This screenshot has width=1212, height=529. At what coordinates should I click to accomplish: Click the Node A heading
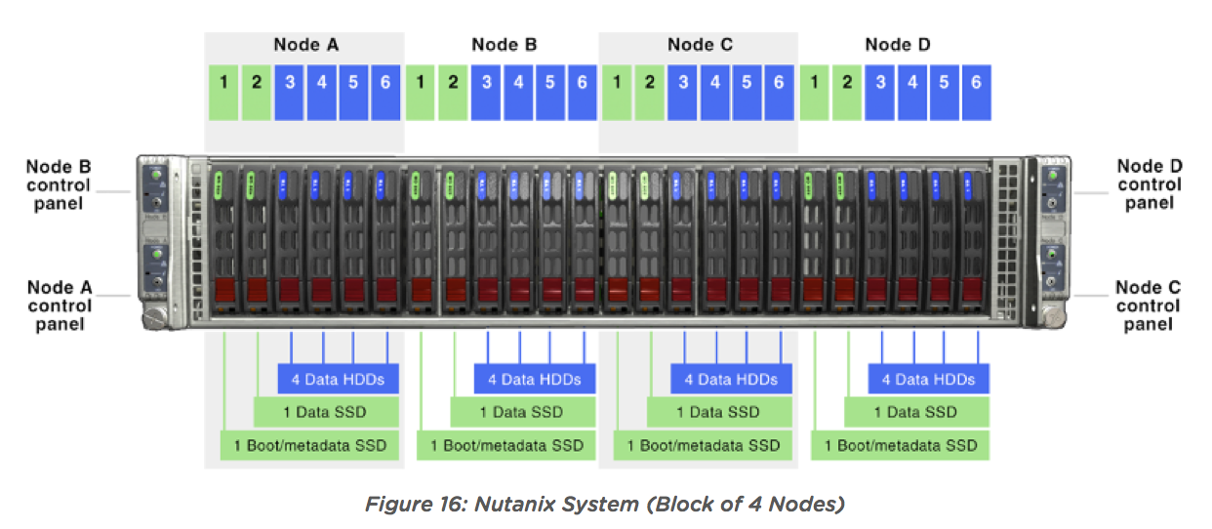click(x=306, y=44)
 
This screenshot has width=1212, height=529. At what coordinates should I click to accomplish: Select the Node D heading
click(x=898, y=44)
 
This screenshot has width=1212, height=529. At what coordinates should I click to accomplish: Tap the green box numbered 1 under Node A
click(x=223, y=93)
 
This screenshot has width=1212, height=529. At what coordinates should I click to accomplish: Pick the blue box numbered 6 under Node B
click(x=583, y=93)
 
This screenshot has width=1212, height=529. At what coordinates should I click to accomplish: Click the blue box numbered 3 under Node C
click(x=682, y=93)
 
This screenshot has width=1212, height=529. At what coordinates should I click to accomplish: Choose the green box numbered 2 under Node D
click(x=847, y=93)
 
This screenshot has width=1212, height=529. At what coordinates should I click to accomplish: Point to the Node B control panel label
click(x=59, y=185)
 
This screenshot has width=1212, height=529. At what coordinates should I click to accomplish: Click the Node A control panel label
click(x=60, y=305)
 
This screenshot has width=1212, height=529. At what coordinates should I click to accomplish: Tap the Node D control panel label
click(x=1150, y=184)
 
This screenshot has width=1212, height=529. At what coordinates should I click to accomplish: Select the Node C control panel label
click(x=1149, y=305)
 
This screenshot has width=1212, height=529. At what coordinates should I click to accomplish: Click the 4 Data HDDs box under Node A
click(x=339, y=379)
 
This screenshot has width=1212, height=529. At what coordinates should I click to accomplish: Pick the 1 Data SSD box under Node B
click(x=523, y=412)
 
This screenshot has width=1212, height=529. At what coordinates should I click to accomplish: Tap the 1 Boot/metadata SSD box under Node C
click(x=703, y=445)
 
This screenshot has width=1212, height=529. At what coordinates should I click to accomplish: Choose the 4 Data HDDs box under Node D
click(x=928, y=379)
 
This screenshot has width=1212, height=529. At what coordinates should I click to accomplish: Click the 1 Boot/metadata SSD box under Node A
click(x=309, y=445)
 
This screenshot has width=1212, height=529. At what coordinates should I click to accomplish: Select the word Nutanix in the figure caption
click(x=515, y=505)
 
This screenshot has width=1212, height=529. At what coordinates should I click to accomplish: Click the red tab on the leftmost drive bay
click(x=225, y=290)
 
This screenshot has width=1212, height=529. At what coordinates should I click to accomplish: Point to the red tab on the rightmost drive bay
click(x=972, y=289)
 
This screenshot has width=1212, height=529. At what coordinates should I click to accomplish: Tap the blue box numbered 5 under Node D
click(x=945, y=93)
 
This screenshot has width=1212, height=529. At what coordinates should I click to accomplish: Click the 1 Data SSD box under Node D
click(x=916, y=412)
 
